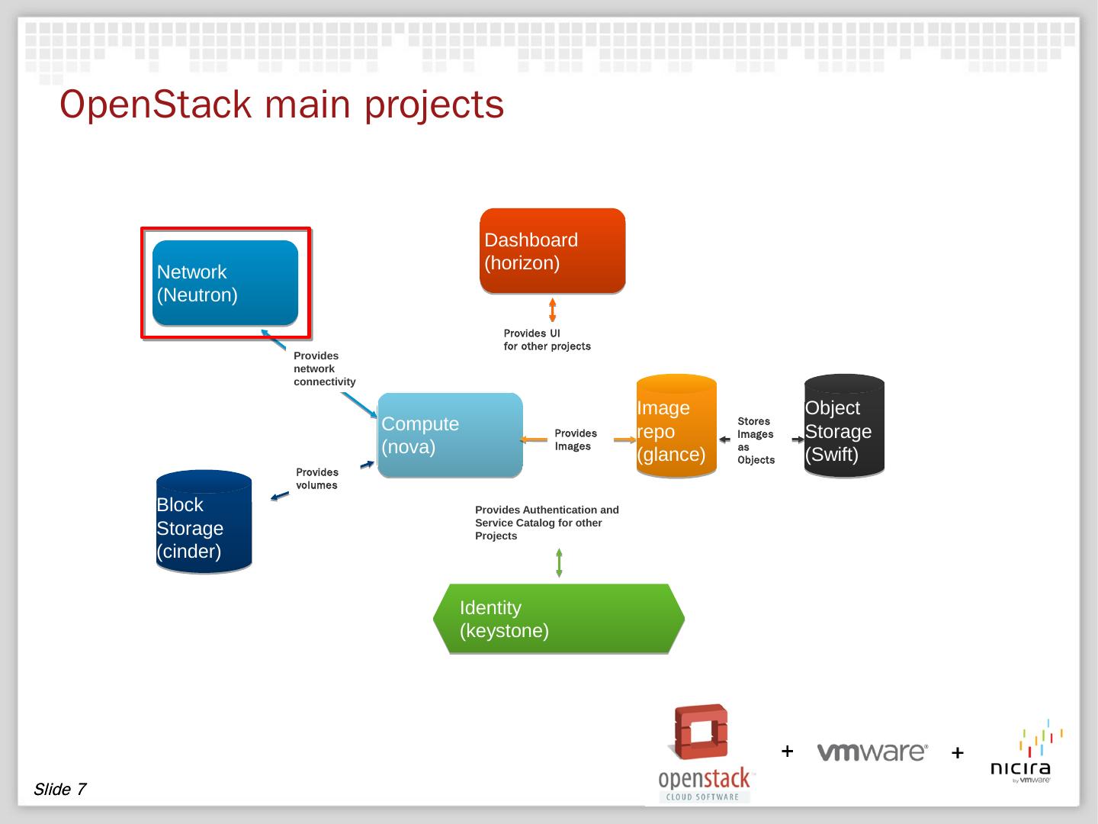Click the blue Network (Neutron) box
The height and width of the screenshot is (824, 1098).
225,283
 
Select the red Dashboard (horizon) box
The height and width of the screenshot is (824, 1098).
552,251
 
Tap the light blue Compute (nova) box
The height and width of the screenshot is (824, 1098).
450,435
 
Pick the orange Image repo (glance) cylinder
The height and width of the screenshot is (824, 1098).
676,426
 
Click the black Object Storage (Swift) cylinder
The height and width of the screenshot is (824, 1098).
844,426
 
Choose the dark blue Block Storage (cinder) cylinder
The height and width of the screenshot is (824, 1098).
204,522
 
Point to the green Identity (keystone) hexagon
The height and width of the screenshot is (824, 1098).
558,619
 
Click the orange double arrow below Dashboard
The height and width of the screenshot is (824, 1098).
553,310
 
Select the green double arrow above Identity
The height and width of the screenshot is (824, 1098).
559,563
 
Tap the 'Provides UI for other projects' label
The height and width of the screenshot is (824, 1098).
547,340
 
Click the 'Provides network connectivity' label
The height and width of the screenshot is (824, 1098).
324,369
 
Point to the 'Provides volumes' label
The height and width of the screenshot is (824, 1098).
317,478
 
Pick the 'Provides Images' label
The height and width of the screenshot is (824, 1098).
576,439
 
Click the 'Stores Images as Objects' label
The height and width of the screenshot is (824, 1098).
756,440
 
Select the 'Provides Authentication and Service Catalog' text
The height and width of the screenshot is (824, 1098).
547,523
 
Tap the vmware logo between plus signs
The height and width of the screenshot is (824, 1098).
872,752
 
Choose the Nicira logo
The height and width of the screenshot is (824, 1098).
1022,752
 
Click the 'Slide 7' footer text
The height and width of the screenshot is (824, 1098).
59,789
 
